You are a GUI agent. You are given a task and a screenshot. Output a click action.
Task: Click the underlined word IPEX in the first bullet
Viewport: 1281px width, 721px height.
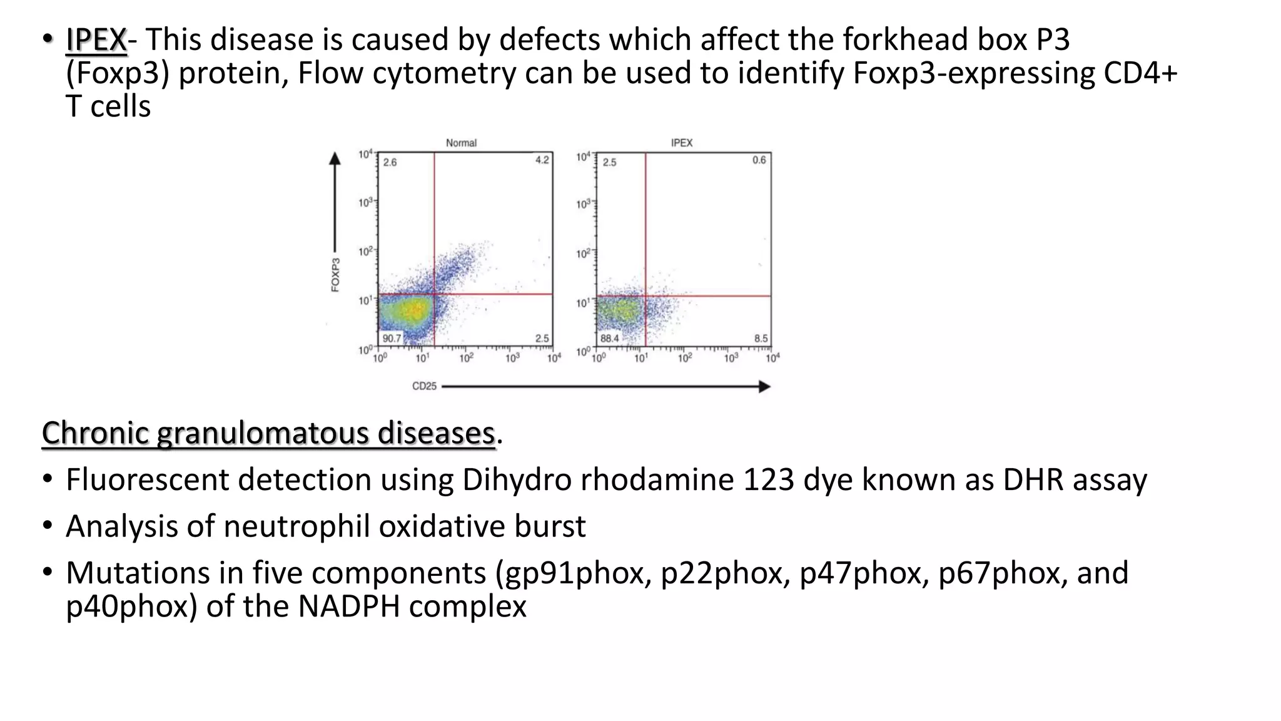point(96,40)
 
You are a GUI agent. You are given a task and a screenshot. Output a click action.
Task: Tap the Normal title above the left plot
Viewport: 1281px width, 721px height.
point(461,143)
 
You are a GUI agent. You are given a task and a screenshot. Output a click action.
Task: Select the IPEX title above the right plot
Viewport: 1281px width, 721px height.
point(681,143)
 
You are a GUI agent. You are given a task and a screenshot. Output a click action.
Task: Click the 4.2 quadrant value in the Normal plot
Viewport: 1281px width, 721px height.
point(542,160)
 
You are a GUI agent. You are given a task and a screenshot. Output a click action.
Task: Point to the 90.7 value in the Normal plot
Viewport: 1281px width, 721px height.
point(392,339)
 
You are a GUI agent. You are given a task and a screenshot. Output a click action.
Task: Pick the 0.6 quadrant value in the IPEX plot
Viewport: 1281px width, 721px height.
point(759,160)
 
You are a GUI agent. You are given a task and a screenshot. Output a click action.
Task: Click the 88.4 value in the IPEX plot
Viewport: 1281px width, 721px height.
point(609,339)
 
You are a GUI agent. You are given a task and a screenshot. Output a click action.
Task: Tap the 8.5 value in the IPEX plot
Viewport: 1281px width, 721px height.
point(761,339)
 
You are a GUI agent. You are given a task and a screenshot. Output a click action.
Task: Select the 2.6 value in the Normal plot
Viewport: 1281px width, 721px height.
point(390,162)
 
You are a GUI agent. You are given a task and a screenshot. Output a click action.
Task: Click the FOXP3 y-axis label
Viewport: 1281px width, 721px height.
point(336,275)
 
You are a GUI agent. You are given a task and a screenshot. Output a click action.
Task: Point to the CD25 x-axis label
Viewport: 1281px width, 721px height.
point(424,386)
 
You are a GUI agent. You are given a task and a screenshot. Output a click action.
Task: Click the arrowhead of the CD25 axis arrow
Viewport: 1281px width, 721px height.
point(764,387)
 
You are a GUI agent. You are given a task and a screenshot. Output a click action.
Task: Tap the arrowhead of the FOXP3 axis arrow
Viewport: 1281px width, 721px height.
point(335,159)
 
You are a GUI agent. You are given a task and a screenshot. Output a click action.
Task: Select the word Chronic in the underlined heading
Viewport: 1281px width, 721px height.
point(95,433)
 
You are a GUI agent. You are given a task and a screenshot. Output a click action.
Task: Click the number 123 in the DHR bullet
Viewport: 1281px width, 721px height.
point(769,480)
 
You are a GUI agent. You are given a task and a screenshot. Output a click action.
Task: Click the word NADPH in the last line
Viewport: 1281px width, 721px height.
point(348,606)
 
